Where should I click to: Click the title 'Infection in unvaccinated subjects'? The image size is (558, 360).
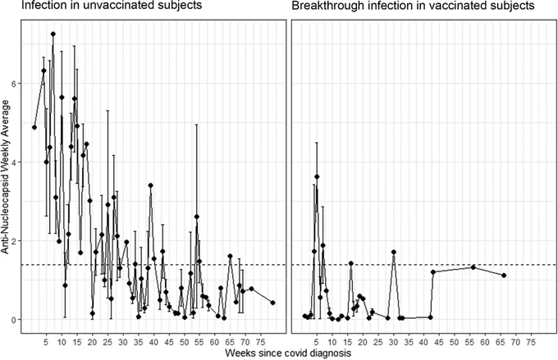[x=112, y=5]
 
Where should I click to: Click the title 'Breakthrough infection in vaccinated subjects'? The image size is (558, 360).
[x=413, y=6]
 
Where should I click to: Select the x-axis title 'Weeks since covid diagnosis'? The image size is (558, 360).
[x=288, y=353]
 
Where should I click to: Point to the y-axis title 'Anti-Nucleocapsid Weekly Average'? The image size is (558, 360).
[x=5, y=177]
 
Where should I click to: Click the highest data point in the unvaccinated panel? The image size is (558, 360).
[x=53, y=34]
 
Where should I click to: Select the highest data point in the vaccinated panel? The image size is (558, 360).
[x=317, y=176]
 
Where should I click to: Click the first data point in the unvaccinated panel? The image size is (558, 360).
[x=34, y=127]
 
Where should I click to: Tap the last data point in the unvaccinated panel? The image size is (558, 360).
[x=272, y=303]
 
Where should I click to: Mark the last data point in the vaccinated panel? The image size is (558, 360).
[x=504, y=276]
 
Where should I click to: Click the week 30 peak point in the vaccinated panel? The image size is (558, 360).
[x=394, y=252]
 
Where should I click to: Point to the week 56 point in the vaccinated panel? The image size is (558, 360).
[x=473, y=267]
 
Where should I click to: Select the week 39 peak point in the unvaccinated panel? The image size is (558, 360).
[x=150, y=185]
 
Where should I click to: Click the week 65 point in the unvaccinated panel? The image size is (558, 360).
[x=230, y=256]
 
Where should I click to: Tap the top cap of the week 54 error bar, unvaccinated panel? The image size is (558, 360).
[x=196, y=125]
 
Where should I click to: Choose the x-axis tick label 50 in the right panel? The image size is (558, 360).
[x=455, y=342]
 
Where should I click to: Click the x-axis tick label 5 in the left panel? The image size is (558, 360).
[x=46, y=342]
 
